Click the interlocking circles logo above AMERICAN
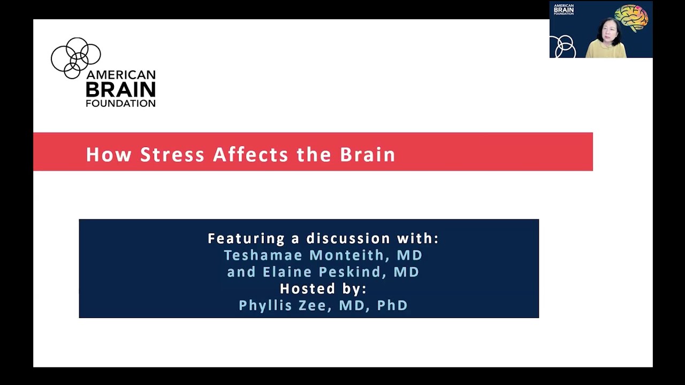75,57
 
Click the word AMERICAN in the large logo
121,75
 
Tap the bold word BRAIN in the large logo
120,89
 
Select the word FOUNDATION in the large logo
120,103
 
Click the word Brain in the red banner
368,155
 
